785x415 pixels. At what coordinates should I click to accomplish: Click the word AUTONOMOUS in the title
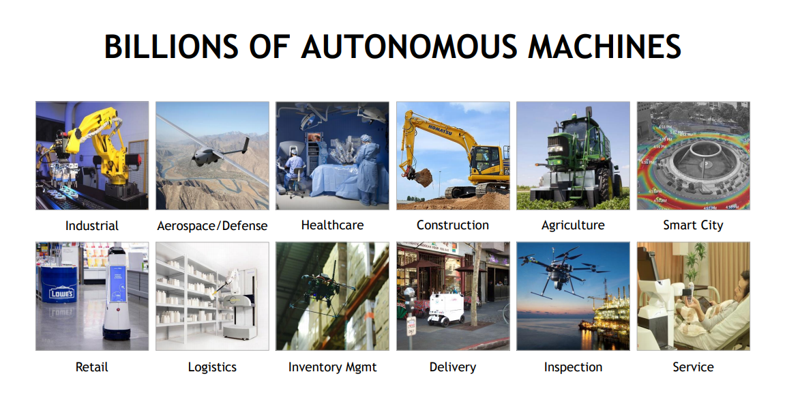tap(409, 46)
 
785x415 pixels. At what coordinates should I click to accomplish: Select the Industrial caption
tap(91, 225)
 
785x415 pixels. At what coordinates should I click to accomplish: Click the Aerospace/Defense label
tap(212, 226)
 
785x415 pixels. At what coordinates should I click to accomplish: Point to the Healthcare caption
tap(332, 225)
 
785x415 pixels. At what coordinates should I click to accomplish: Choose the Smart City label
tap(693, 225)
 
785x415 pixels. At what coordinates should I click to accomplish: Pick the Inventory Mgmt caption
tap(332, 367)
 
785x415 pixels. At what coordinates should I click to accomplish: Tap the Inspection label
tap(573, 367)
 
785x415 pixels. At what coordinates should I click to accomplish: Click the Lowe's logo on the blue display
tap(61, 294)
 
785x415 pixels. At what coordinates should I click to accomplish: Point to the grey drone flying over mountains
tap(213, 150)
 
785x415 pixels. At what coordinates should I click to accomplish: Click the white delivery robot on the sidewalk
tap(445, 309)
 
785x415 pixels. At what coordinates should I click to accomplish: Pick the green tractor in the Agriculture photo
tap(576, 160)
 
